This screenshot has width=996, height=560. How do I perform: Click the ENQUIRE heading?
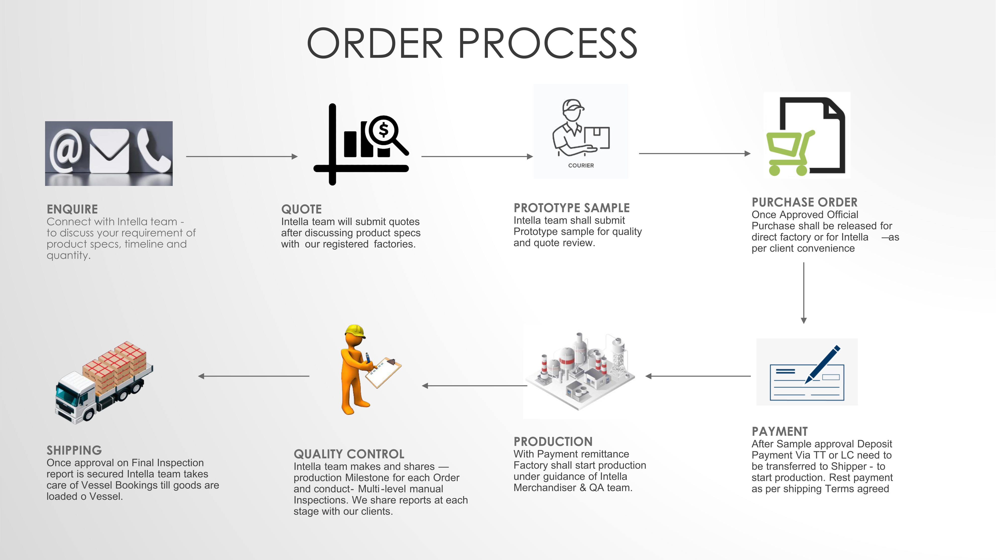click(x=72, y=209)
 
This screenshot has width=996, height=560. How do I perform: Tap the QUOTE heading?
click(x=301, y=209)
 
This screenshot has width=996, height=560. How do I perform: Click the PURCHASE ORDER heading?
click(x=804, y=202)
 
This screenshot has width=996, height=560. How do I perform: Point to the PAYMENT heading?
click(x=779, y=431)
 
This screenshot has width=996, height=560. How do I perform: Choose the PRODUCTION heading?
click(x=553, y=441)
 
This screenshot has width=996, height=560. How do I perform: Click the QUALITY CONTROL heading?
click(x=349, y=454)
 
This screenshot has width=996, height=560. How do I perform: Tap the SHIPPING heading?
click(x=74, y=450)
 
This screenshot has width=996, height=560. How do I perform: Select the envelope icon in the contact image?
click(x=109, y=151)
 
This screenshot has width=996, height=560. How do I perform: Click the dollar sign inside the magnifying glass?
click(x=383, y=130)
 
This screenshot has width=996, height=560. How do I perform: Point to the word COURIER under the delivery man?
click(x=581, y=166)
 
